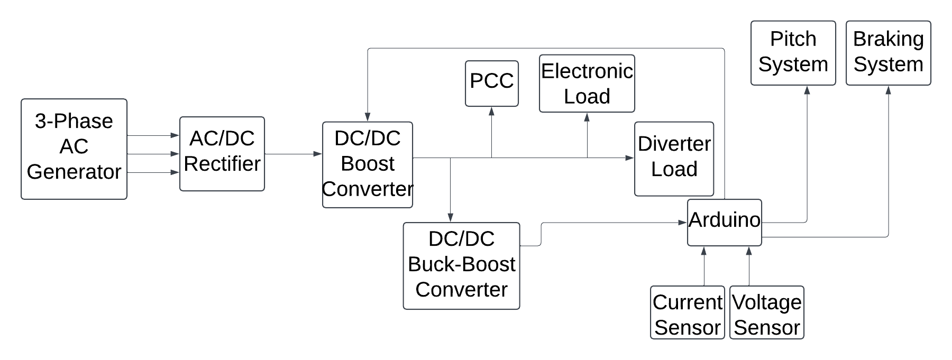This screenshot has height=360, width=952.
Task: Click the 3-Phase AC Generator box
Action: tap(74, 149)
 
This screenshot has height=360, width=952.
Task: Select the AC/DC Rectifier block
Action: tap(222, 154)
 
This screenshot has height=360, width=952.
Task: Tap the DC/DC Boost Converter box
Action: tap(368, 164)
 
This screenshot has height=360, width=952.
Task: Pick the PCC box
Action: tap(492, 83)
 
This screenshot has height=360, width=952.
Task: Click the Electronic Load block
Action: tap(587, 84)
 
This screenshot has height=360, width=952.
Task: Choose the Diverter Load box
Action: tap(674, 159)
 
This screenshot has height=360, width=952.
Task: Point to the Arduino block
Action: tap(725, 222)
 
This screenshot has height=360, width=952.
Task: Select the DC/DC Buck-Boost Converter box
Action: tap(462, 266)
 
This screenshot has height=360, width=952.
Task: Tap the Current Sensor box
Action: tap(687, 312)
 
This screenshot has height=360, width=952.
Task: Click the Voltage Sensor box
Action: tap(767, 312)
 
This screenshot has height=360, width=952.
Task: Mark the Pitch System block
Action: tap(793, 53)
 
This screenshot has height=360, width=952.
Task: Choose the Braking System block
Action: tap(889, 53)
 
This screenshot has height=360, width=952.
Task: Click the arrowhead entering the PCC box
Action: tap(492, 111)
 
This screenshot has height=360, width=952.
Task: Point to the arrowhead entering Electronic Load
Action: tap(587, 117)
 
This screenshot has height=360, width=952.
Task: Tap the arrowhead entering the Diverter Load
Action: tap(630, 158)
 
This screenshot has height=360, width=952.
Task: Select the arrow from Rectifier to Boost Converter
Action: tap(294, 154)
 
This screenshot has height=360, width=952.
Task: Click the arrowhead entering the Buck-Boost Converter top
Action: tap(450, 218)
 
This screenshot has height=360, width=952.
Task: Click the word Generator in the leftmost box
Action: tap(74, 172)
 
